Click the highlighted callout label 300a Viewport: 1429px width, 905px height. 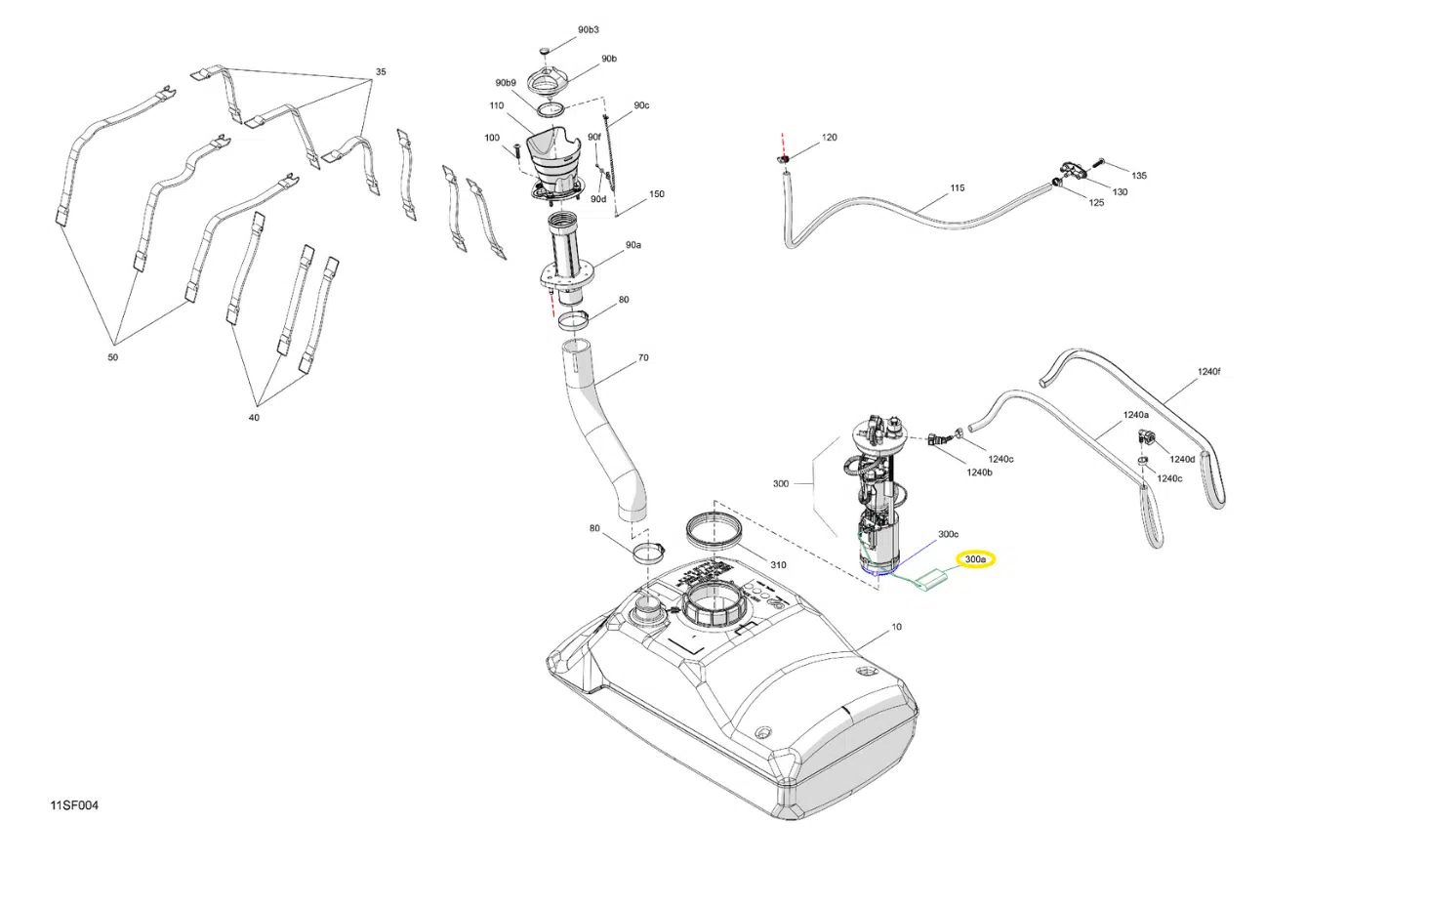click(975, 559)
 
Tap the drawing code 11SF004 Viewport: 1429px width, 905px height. click(74, 805)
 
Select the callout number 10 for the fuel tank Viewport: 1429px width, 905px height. click(896, 627)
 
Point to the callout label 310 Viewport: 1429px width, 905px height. click(778, 565)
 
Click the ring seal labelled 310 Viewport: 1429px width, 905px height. click(717, 531)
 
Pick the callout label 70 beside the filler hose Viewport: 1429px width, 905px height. click(643, 358)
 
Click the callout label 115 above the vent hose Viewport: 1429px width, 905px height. click(957, 188)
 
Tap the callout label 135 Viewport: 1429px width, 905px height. click(1139, 176)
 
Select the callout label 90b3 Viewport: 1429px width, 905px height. click(588, 30)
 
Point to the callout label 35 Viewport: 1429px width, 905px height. click(381, 72)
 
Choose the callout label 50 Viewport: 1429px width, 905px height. click(112, 357)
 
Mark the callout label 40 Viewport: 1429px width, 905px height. click(254, 418)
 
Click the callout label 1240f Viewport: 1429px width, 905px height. click(1208, 372)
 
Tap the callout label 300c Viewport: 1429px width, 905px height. click(948, 535)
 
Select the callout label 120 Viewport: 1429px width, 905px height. click(829, 138)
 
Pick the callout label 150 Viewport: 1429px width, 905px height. click(657, 194)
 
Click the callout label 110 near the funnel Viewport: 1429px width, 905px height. click(497, 106)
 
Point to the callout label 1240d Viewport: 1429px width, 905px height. click(1182, 459)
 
